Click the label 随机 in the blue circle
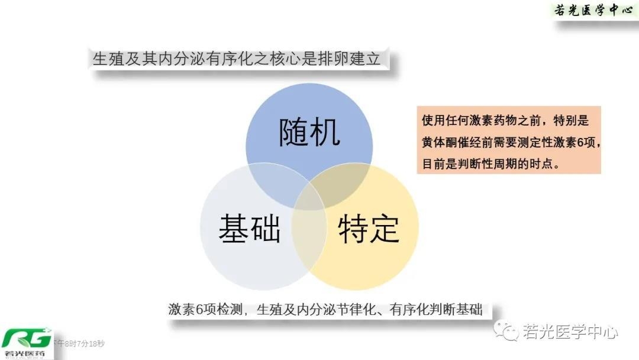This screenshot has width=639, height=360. tap(309, 133)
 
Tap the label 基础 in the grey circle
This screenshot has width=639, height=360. tap(249, 228)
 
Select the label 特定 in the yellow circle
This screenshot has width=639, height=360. tap(369, 228)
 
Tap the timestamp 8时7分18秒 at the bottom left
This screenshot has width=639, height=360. tap(83, 343)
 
